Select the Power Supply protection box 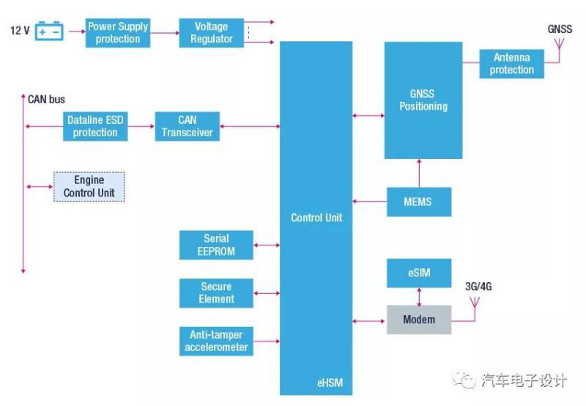coord(117,33)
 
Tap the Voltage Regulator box coord(211,33)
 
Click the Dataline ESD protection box coord(95,126)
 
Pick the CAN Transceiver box coord(187,126)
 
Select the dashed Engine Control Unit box coord(89,187)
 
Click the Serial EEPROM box coord(216,245)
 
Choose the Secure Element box coord(216,292)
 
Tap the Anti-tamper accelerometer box coord(216,341)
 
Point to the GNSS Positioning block coord(423,100)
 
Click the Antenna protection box coord(511,64)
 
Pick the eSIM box coord(419,273)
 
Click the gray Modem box coord(419,320)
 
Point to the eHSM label coord(330,382)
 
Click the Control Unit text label coord(316,218)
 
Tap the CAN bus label coord(47,99)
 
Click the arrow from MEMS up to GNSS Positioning coord(419,173)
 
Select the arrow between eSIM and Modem coord(419,296)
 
